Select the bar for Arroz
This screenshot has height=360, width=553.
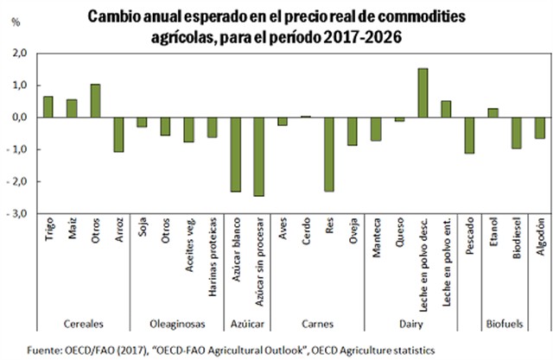118,135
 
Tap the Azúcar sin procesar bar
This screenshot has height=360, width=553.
257,156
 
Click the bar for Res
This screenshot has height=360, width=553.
328,154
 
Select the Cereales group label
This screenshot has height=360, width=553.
84,324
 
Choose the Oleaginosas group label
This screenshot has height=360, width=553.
177,324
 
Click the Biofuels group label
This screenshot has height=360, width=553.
505,324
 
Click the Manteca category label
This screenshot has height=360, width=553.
376,238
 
